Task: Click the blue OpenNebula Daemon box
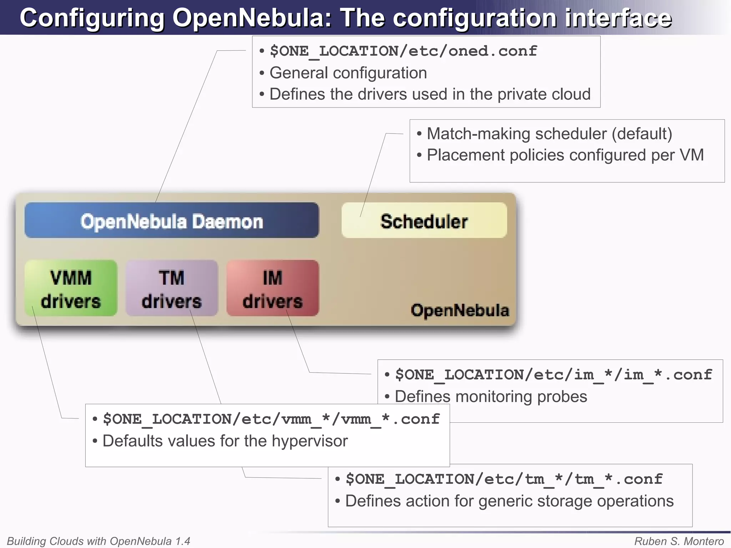point(172,221)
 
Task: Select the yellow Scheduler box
point(424,221)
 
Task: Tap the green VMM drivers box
point(71,288)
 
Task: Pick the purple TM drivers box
point(172,288)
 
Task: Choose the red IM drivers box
point(273,288)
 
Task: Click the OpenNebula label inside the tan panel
point(460,310)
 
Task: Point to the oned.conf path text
point(403,51)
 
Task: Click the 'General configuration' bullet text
point(348,73)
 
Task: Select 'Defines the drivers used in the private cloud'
point(430,94)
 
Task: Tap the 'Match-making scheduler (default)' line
point(549,134)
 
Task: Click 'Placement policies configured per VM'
point(565,155)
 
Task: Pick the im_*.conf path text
point(553,375)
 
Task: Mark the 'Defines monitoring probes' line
point(491,397)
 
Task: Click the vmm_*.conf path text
point(271,419)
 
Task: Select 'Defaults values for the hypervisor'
point(225,441)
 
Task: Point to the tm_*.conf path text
point(504,479)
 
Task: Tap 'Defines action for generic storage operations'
point(509,501)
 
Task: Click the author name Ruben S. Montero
point(679,541)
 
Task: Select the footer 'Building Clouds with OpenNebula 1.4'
point(99,541)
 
